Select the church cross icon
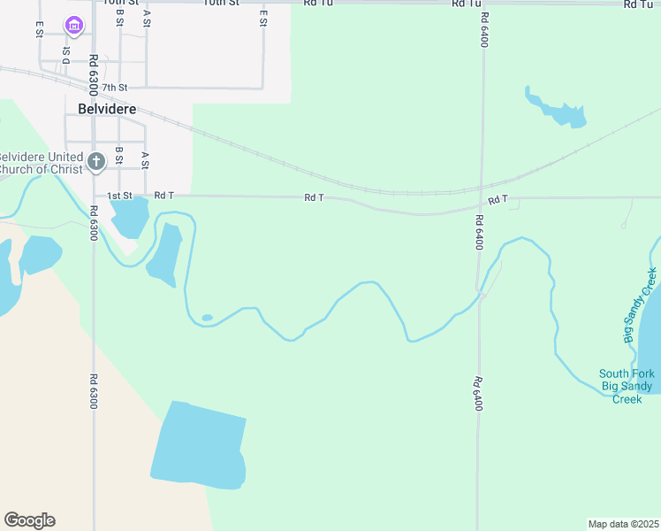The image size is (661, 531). pyautogui.click(x=96, y=161)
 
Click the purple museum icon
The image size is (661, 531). pyautogui.click(x=73, y=28)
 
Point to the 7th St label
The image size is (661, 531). pyautogui.click(x=115, y=88)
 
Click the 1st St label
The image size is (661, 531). pyautogui.click(x=119, y=196)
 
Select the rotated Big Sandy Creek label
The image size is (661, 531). pyautogui.click(x=642, y=305)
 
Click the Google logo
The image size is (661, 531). pyautogui.click(x=29, y=520)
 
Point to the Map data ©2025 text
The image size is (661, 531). pyautogui.click(x=623, y=524)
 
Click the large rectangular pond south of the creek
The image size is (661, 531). pyautogui.click(x=198, y=445)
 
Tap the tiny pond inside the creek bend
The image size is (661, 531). pyautogui.click(x=207, y=318)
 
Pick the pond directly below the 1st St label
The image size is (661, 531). pyautogui.click(x=129, y=217)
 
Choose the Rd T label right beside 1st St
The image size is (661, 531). pyautogui.click(x=164, y=196)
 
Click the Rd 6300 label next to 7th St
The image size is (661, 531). pyautogui.click(x=92, y=74)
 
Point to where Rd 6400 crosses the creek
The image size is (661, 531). pyautogui.click(x=478, y=293)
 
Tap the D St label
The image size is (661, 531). pyautogui.click(x=65, y=52)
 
